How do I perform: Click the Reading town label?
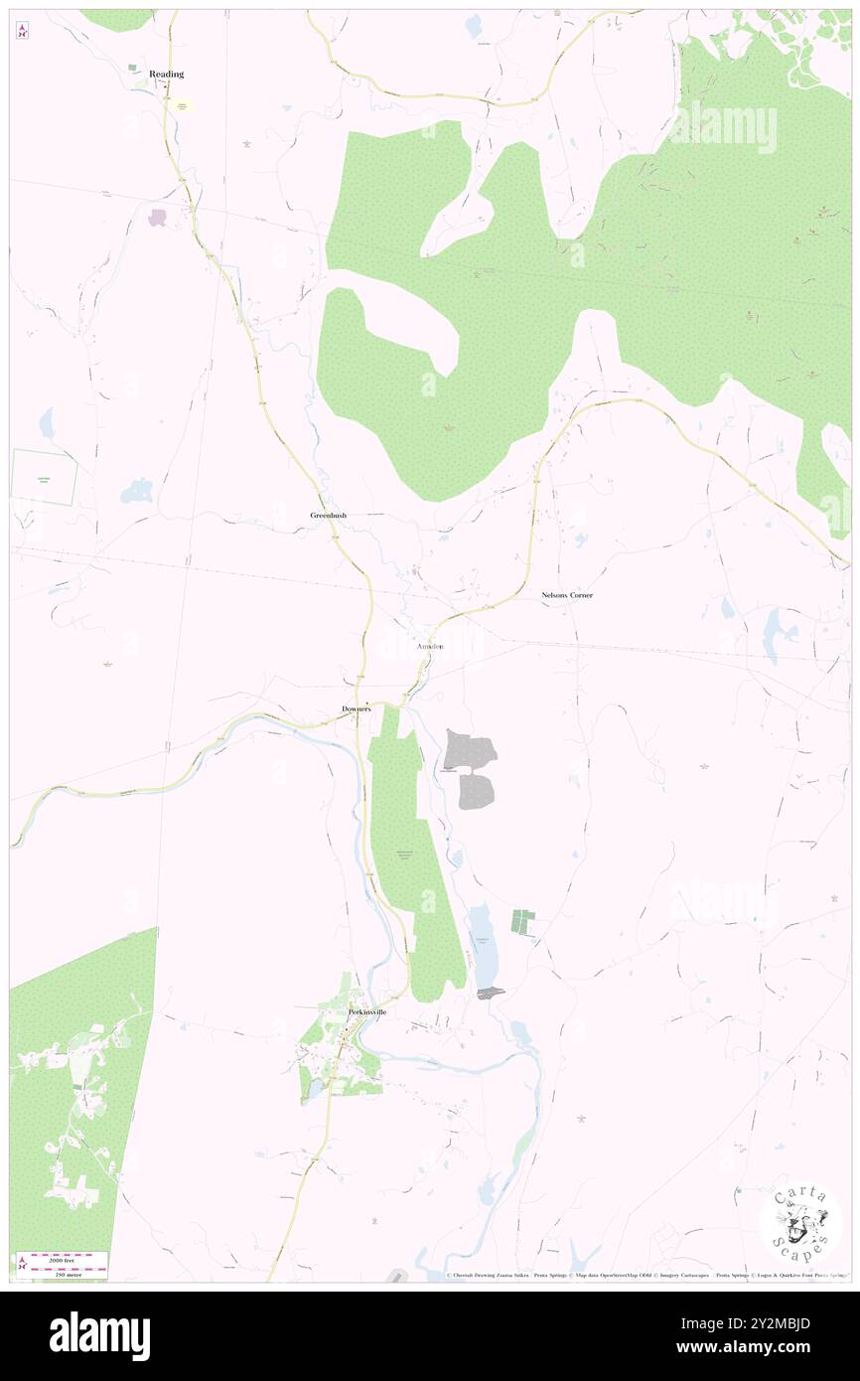(x=167, y=75)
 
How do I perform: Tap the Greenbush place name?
(x=328, y=516)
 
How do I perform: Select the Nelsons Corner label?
(x=567, y=595)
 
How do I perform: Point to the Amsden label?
(x=429, y=647)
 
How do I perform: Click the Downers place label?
(x=356, y=708)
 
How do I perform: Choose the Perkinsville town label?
(x=366, y=1011)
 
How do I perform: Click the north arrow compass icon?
(x=22, y=30)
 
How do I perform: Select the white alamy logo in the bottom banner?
(x=99, y=1335)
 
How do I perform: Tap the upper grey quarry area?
(x=469, y=750)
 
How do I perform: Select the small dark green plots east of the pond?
(x=522, y=921)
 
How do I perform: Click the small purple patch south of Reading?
(x=157, y=217)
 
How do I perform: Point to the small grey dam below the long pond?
(x=491, y=994)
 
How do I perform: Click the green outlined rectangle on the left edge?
(x=44, y=477)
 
